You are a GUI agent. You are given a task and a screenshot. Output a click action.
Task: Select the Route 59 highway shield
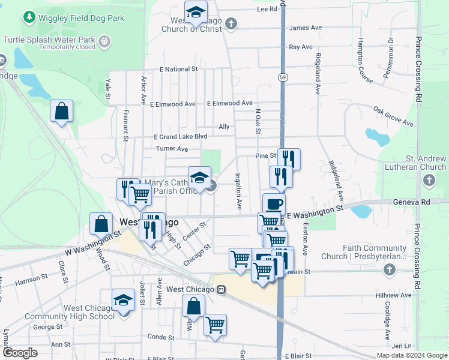click(282, 77)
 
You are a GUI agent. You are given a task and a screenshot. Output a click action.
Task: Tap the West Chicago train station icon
click(221, 290)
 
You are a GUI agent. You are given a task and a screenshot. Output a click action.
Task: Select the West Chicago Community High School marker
click(123, 300)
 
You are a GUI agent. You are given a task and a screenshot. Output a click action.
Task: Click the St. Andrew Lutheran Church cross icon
click(429, 179)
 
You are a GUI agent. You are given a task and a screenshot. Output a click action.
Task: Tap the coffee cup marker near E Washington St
click(274, 204)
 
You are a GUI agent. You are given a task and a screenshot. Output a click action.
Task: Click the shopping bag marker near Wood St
click(101, 224)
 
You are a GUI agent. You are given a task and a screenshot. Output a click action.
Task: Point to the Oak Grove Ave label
click(393, 116)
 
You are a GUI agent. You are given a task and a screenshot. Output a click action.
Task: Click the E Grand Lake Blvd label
click(181, 137)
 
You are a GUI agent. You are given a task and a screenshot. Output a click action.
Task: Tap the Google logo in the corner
click(20, 353)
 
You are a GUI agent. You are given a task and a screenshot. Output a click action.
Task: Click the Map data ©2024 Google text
click(412, 355)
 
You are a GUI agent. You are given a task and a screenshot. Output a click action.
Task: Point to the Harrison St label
click(31, 279)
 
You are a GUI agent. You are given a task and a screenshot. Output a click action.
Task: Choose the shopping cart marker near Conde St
click(215, 325)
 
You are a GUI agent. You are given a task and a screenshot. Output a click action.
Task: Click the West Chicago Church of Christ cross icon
click(231, 24)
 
